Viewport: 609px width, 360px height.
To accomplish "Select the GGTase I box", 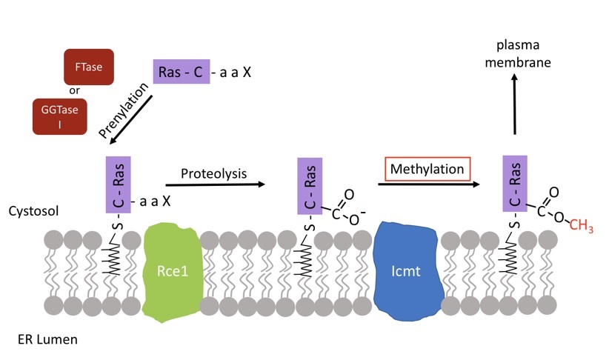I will tap(60, 116).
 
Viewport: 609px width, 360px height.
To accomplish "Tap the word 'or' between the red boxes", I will tap(74, 91).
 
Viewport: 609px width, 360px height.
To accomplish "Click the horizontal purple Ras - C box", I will tap(182, 73).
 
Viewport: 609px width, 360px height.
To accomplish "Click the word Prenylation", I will tap(123, 110).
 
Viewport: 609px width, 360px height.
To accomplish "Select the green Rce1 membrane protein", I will tap(171, 273).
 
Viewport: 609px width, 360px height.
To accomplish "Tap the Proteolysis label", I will tap(213, 172).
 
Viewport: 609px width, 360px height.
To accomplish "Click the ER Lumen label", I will tap(43, 340).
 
